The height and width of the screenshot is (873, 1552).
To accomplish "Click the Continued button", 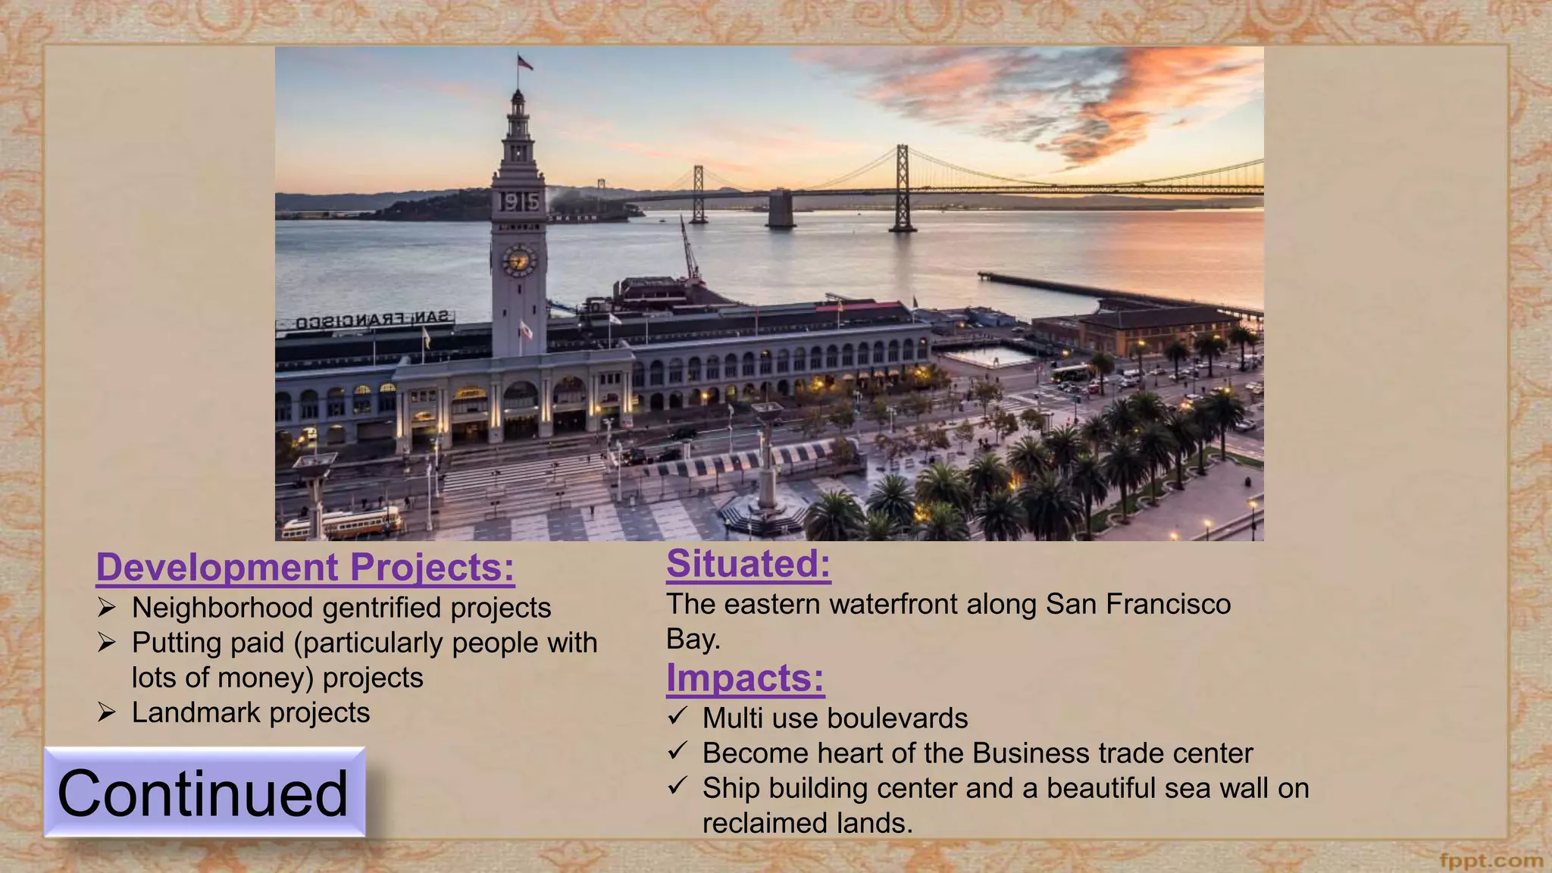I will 204,792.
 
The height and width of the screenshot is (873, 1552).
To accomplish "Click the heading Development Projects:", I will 305,568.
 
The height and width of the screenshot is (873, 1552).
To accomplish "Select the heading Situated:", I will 748,564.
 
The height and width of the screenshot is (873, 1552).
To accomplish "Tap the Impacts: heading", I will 745,677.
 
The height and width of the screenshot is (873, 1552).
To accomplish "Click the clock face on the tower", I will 519,261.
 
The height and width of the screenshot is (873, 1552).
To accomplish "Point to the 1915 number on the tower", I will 519,202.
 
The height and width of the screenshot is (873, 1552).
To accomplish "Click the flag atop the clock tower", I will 524,62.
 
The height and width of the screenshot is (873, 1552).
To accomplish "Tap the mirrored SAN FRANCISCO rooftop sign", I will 373,321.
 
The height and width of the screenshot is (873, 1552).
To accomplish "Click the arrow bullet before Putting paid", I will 106,643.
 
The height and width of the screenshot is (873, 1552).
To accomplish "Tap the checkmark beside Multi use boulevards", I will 677,716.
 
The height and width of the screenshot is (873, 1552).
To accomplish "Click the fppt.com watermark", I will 1491,861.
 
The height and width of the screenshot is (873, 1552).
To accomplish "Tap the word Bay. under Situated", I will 693,640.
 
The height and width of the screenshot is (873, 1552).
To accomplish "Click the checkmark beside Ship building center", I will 677,786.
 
